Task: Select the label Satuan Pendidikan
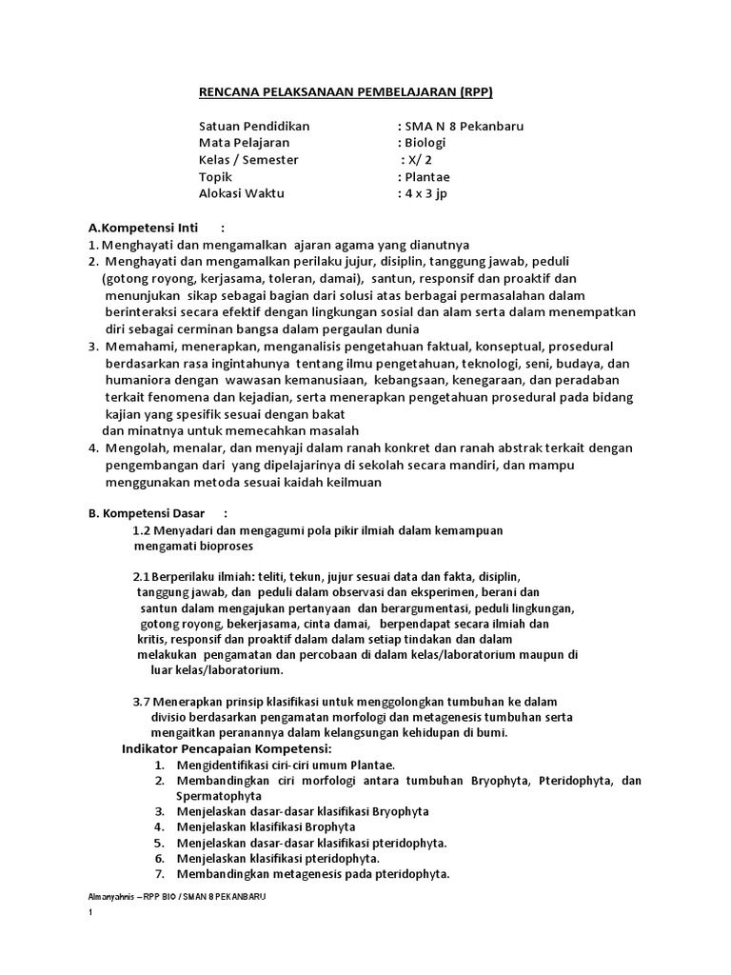[x=254, y=126]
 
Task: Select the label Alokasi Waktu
[x=241, y=193]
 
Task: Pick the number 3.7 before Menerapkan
[x=141, y=700]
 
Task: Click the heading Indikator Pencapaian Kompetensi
[x=224, y=749]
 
